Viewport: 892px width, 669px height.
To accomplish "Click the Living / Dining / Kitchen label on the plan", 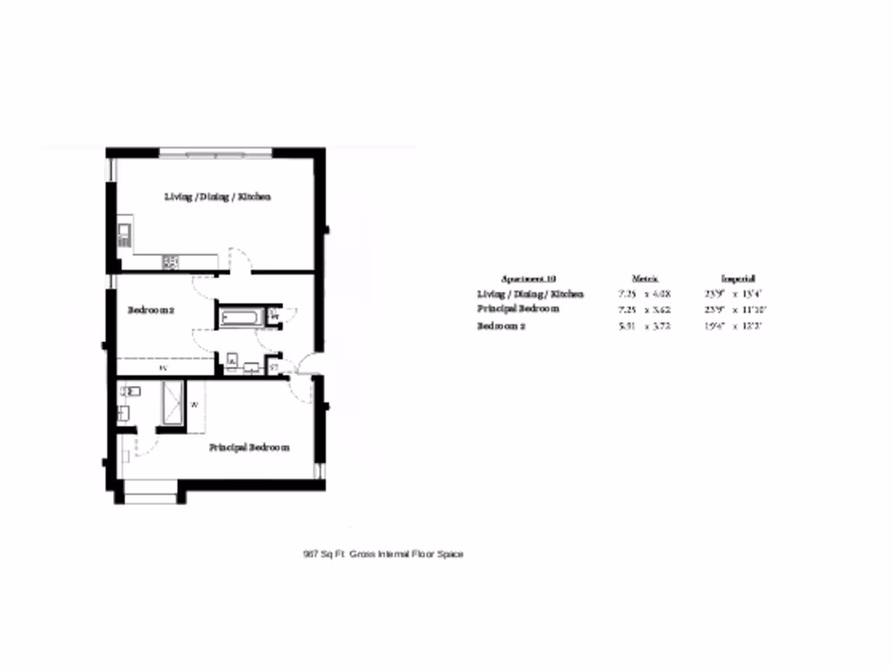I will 218,197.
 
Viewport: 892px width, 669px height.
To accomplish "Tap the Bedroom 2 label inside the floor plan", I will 152,310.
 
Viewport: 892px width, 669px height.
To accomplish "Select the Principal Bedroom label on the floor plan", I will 248,448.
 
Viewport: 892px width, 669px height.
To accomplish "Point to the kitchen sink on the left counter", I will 124,233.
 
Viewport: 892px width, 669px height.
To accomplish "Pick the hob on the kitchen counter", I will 170,260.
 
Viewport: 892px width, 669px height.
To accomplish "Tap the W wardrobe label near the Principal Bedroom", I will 195,405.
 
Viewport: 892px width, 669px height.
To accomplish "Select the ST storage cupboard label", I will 274,368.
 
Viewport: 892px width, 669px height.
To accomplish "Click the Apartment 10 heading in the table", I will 529,279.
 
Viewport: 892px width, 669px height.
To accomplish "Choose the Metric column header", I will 644,279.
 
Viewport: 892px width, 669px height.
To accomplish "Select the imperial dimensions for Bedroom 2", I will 733,327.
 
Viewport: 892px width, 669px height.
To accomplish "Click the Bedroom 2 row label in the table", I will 501,327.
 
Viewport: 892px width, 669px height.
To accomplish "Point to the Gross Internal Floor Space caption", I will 383,554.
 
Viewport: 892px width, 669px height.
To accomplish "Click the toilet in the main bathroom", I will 233,361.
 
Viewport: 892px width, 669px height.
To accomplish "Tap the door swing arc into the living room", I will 240,259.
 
